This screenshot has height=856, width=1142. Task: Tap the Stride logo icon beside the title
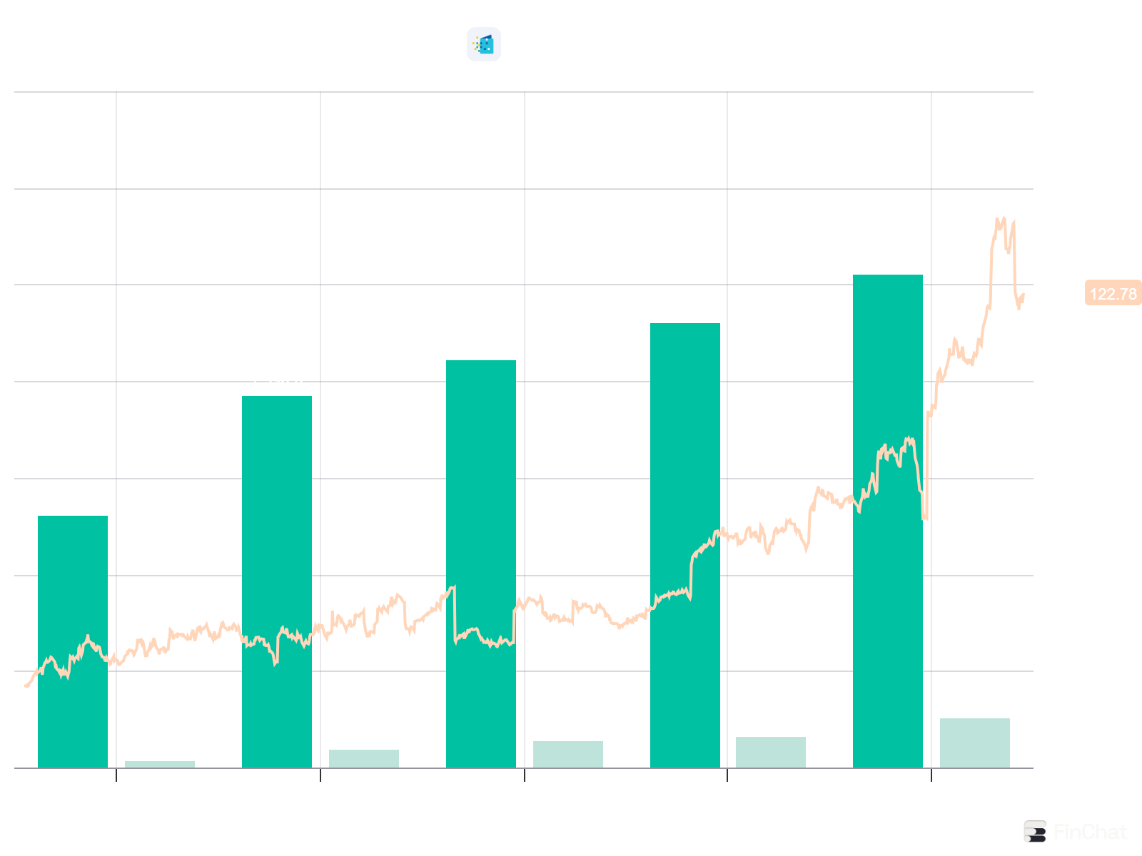484,44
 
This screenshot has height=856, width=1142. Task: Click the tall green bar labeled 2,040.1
888,521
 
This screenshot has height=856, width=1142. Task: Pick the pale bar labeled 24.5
160,764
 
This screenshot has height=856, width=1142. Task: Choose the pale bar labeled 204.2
974,743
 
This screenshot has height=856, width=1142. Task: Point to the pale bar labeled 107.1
567,754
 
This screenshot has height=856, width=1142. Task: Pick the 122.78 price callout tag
1113,294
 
